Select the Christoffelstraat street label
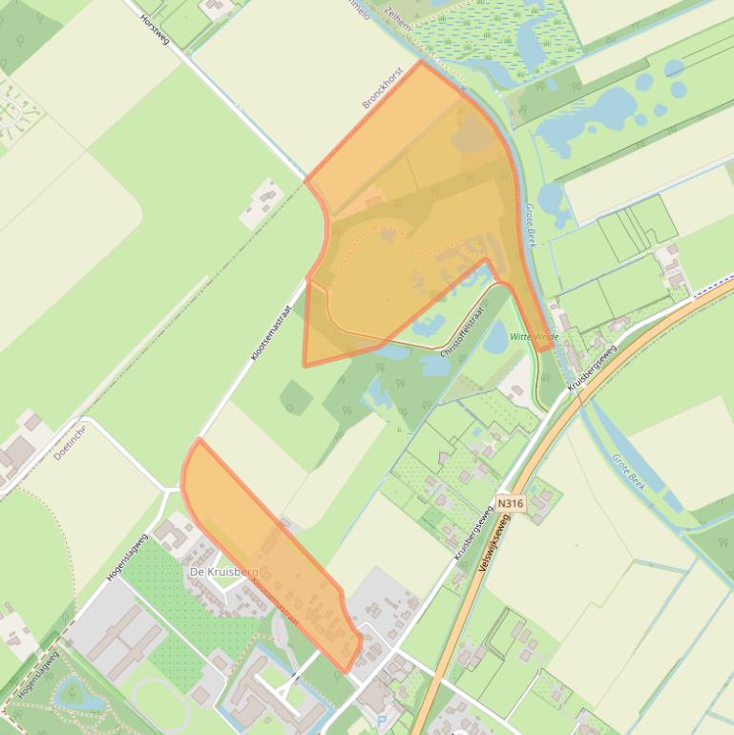click(x=464, y=331)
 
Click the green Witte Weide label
click(x=534, y=337)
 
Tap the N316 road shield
click(x=511, y=503)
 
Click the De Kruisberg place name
click(x=223, y=571)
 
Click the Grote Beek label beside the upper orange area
click(x=531, y=225)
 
